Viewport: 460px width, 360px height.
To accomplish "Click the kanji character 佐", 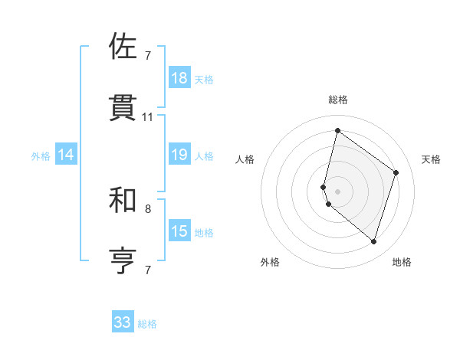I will (x=124, y=47).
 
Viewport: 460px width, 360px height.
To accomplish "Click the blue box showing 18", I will (x=179, y=78).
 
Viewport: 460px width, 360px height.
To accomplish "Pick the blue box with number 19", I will (x=179, y=155).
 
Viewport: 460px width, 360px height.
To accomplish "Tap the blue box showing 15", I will (x=179, y=231).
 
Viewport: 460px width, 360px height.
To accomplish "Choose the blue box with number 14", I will (x=66, y=155).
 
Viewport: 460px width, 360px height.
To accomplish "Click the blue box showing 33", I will (x=123, y=322).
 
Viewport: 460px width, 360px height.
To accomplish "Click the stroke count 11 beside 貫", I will (x=148, y=117).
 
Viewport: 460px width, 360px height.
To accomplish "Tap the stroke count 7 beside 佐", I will (x=148, y=56).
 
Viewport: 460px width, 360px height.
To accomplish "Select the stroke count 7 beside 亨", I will (x=148, y=270).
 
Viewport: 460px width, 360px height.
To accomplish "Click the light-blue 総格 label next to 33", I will (x=148, y=324).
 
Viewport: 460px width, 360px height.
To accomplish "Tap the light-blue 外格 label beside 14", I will (x=41, y=156).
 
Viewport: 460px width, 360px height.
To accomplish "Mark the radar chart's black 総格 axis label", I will (x=337, y=100).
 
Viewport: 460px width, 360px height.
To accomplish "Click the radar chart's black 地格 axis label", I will (x=402, y=262).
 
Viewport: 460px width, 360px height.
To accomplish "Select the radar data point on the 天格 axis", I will (x=396, y=172).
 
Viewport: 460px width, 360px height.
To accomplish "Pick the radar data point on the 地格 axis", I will (x=374, y=241).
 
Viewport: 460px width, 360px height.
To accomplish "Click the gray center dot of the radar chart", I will (x=337, y=191).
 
